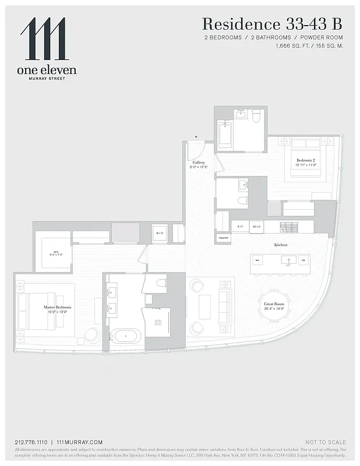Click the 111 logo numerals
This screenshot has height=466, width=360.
pyautogui.click(x=43, y=39)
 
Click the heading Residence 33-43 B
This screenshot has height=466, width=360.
pyautogui.click(x=271, y=24)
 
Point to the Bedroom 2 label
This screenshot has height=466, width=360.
pyautogui.click(x=305, y=161)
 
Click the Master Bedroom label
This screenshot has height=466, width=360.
pyautogui.click(x=57, y=308)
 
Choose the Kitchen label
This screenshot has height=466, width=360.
pyautogui.click(x=281, y=245)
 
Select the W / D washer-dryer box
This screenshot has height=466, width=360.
pyautogui.click(x=160, y=234)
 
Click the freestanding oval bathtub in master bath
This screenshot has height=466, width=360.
pyautogui.click(x=126, y=336)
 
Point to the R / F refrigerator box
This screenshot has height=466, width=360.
pyautogui.click(x=239, y=226)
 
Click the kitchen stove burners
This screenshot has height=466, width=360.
pyautogui.click(x=288, y=226)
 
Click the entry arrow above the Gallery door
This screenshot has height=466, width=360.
pyautogui.click(x=196, y=137)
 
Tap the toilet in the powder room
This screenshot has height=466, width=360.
pyautogui.click(x=243, y=201)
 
